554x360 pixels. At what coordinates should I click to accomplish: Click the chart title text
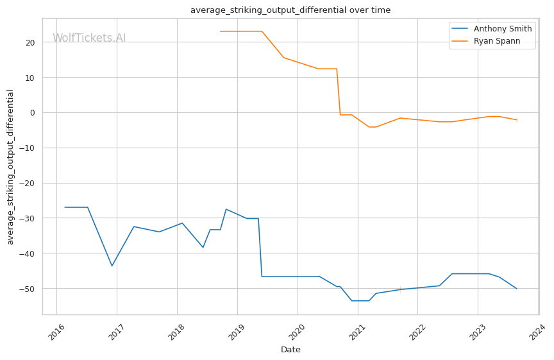point(290,10)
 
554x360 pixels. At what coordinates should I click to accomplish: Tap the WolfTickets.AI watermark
point(89,39)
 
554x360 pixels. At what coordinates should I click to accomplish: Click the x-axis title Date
point(290,350)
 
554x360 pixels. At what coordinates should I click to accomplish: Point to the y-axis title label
point(10,166)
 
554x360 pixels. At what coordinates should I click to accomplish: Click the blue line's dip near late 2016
point(112,266)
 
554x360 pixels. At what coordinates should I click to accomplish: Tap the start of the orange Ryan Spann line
point(220,31)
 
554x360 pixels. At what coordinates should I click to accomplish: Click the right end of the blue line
point(517,289)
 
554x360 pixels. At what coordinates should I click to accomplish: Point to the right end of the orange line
point(517,120)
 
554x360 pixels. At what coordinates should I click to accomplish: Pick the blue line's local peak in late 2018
point(226,209)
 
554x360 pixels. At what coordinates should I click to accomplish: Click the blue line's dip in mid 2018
point(203,248)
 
